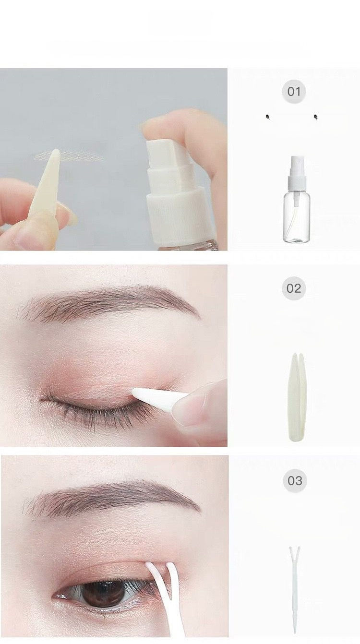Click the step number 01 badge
294,92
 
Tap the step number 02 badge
294,288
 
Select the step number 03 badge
295,481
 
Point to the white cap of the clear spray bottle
296,169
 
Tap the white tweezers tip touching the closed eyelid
135,391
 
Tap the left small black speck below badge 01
268,117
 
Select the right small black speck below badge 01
316,117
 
